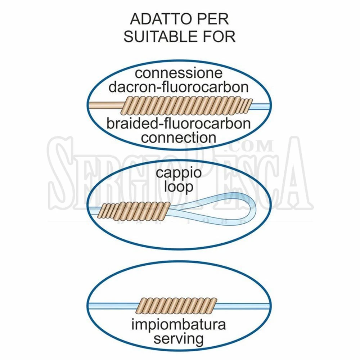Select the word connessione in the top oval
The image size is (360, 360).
[x=179, y=73]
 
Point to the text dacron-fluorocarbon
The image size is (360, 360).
[x=179, y=87]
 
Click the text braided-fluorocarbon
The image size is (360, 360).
[x=179, y=123]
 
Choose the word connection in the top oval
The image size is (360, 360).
[x=179, y=138]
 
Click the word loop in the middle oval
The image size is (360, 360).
[x=179, y=187]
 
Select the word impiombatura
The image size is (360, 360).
[x=179, y=325]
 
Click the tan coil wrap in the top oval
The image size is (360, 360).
[x=186, y=105]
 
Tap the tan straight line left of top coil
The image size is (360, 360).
[x=107, y=105]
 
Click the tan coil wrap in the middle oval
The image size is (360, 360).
[x=134, y=210]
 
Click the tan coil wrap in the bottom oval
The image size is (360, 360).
[x=176, y=306]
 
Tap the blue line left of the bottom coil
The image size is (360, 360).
[x=113, y=306]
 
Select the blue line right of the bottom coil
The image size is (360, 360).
[x=243, y=306]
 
